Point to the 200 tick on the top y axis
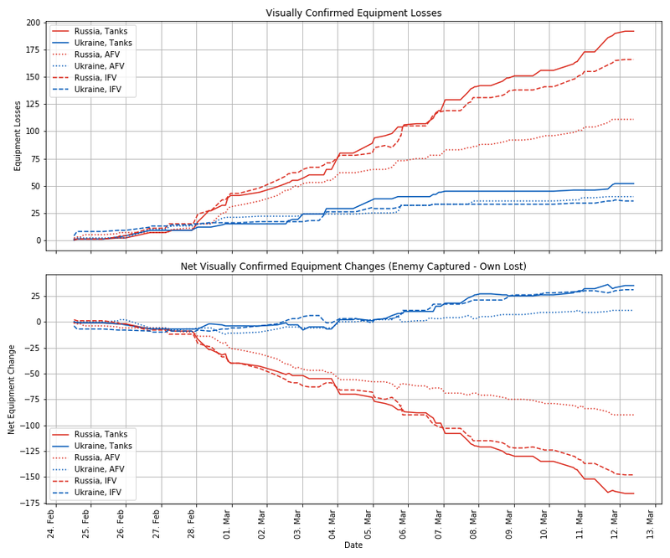(x=33, y=23)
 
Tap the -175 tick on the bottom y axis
(x=29, y=503)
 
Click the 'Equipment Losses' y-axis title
(x=18, y=136)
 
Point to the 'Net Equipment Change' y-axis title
(x=12, y=389)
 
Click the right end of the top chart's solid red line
(x=633, y=31)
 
